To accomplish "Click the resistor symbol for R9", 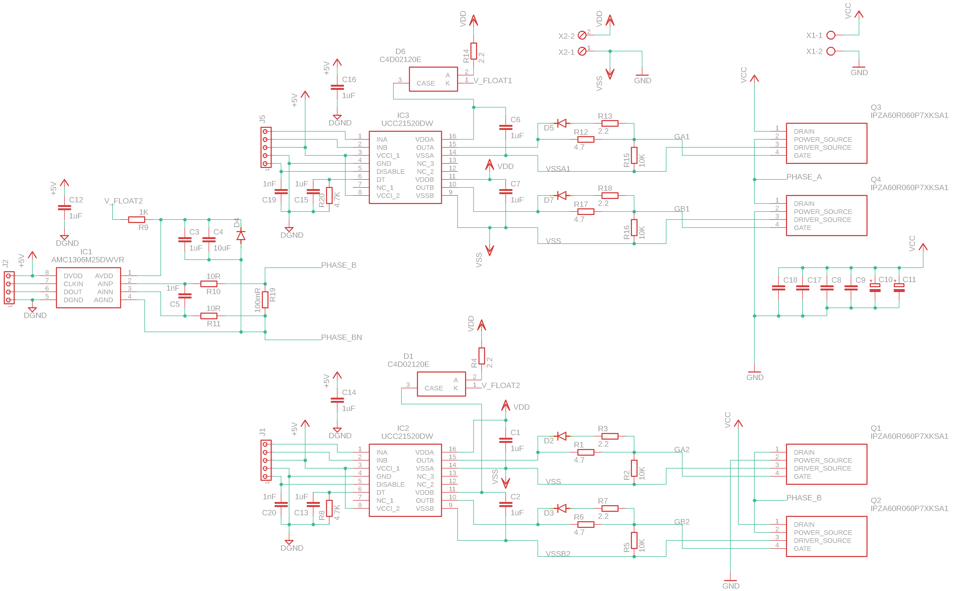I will click(x=136, y=220).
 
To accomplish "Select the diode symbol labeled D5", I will click(x=562, y=124).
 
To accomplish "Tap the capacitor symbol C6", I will click(x=505, y=127).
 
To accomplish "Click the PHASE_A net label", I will click(x=804, y=177).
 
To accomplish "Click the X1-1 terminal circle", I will click(x=831, y=36).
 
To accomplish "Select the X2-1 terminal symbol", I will click(x=582, y=51).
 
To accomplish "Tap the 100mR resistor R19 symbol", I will click(x=265, y=300).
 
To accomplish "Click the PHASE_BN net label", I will click(x=341, y=337).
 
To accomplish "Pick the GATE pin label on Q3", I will click(x=802, y=156).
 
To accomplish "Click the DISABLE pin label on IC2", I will click(x=390, y=484).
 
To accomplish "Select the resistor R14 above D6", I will click(x=473, y=51).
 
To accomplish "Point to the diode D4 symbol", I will click(x=241, y=235).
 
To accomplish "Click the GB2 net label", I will click(x=681, y=522).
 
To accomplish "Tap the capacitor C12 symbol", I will click(x=64, y=208).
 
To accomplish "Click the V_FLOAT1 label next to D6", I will click(x=493, y=80).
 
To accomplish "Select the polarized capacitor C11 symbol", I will click(x=899, y=288).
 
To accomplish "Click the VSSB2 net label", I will click(x=558, y=554).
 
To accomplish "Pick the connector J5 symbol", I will click(x=266, y=147).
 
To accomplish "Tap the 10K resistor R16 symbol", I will click(x=634, y=228).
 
